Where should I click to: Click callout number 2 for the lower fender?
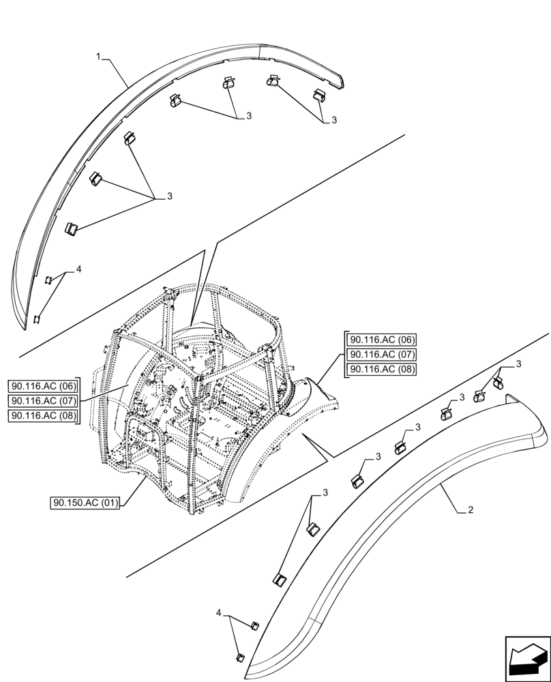tap(470, 509)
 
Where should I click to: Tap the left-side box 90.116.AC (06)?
tap(44, 386)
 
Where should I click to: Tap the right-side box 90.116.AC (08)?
tap(382, 369)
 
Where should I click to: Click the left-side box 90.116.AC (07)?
tap(44, 401)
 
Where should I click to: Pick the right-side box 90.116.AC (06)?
tap(382, 340)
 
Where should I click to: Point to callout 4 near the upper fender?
tap(78, 270)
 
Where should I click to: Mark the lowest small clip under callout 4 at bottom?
tap(241, 657)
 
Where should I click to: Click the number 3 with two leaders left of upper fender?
tap(169, 196)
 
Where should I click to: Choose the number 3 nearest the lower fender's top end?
tap(518, 364)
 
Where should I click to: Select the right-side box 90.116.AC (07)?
tap(382, 355)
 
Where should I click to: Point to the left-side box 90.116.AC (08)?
tap(44, 415)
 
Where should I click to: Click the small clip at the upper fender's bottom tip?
tap(37, 318)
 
